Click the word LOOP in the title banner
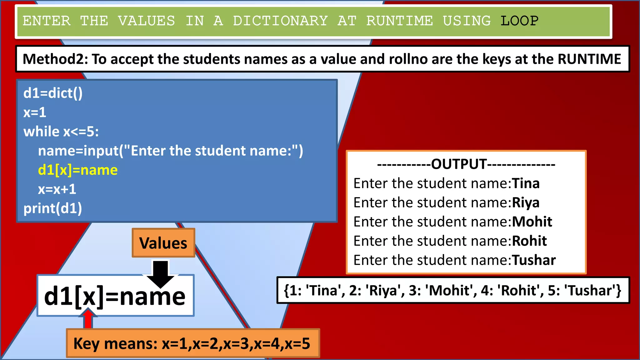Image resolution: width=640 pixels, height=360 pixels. point(519,21)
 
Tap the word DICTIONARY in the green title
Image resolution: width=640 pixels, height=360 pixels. point(280,21)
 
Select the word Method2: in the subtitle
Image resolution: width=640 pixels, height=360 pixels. point(55,59)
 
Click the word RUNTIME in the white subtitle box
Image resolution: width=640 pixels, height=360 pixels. point(589,59)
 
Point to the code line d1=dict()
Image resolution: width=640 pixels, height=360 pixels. point(53,93)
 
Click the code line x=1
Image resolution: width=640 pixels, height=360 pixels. point(35,112)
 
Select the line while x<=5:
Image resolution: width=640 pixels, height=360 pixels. point(61,132)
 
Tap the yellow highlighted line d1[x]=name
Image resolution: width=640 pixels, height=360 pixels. point(78,170)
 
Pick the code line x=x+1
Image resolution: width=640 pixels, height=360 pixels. point(57,189)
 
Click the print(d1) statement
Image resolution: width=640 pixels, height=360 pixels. point(52,208)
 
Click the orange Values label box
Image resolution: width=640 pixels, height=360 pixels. point(163,243)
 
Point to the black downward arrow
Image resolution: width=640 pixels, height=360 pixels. point(161,273)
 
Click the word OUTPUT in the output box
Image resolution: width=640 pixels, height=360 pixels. point(459,164)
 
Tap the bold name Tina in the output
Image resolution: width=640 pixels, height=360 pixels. point(525,183)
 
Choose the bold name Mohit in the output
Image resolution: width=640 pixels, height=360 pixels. point(532,222)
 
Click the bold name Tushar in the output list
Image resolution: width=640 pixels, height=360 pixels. point(534,260)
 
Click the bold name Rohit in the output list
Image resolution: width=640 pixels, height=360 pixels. point(529,241)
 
